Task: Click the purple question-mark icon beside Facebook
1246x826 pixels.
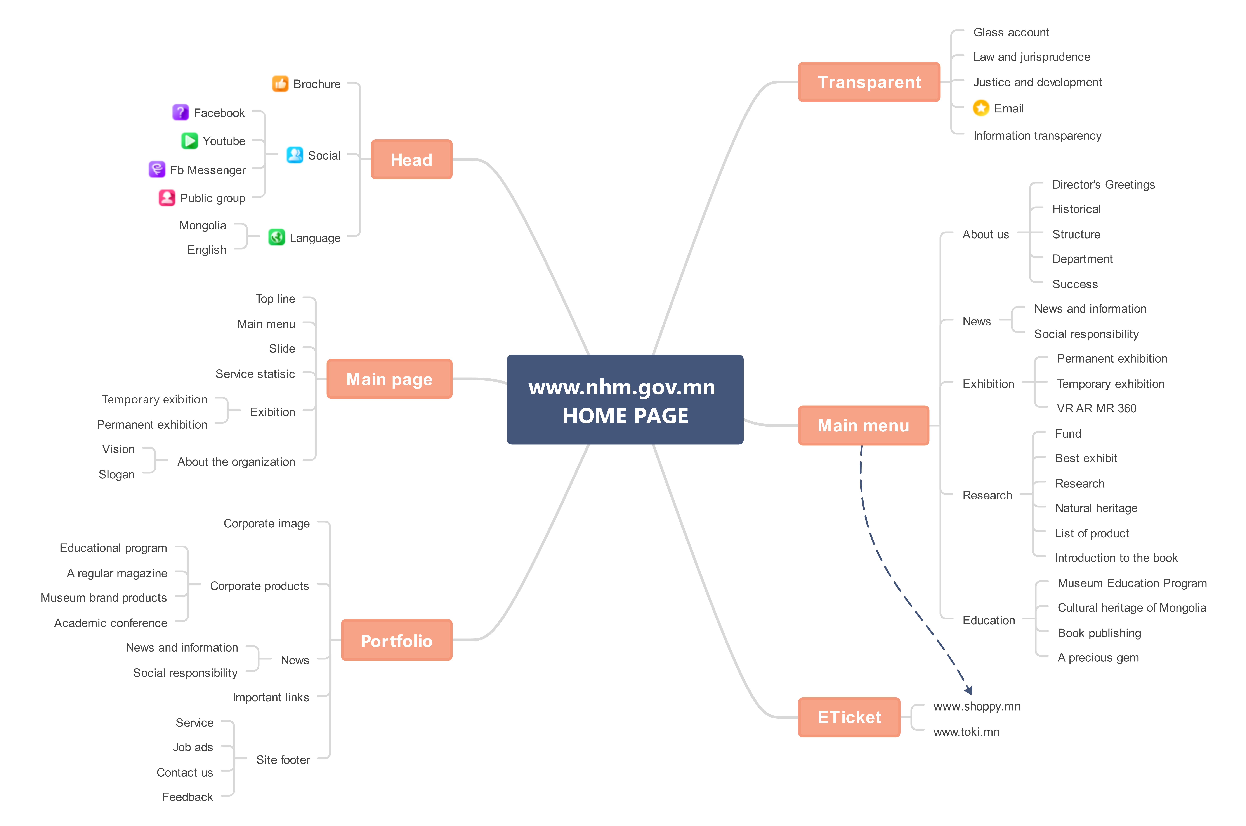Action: pyautogui.click(x=180, y=112)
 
